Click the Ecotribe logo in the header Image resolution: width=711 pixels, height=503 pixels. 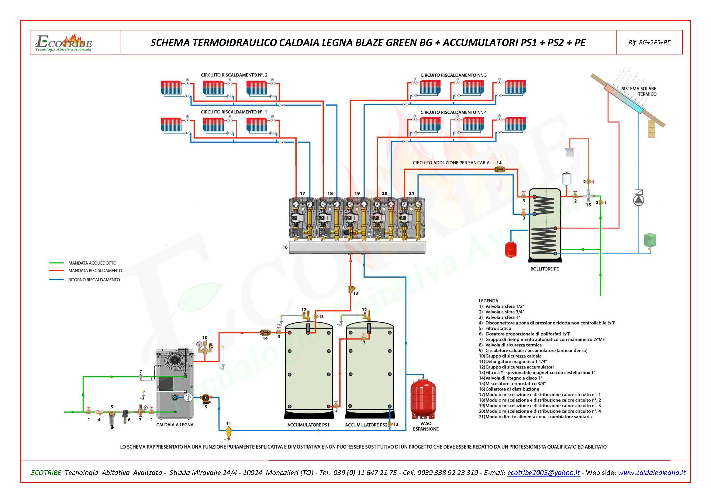coord(64,43)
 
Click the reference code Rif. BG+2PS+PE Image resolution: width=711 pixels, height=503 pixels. coord(649,43)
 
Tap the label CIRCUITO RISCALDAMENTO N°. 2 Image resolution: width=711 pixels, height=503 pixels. coord(234,75)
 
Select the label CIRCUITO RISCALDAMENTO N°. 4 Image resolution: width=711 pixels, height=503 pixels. coord(453,112)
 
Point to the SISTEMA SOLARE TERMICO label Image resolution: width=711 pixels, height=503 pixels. coord(639,91)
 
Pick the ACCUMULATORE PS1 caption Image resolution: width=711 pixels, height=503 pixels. coord(308,425)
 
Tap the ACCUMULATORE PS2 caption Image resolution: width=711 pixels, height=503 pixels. coord(366,425)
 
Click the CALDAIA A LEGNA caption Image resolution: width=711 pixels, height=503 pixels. coord(175,425)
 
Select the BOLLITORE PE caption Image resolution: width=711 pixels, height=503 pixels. coord(544,269)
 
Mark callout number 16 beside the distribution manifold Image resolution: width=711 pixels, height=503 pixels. coord(285,247)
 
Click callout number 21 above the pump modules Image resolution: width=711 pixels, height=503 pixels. coord(412,193)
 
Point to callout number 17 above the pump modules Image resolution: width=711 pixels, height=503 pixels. coord(302,193)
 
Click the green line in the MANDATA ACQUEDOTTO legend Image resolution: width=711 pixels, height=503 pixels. coord(56,263)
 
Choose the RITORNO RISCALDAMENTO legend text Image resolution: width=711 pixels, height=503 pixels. coord(94,280)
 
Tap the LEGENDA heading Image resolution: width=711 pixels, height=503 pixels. coord(488,301)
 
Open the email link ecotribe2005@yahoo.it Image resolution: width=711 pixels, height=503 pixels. coord(543,473)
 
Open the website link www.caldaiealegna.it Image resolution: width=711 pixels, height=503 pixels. coord(651,473)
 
